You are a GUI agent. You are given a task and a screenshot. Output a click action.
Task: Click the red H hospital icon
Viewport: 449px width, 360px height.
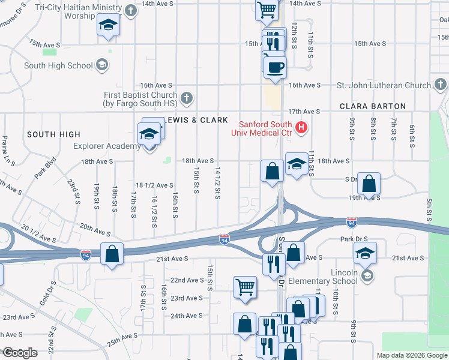click(301, 128)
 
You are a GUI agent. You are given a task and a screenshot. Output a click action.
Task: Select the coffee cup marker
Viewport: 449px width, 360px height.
click(275, 67)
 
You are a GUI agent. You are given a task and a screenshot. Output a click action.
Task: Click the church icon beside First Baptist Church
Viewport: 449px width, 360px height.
click(187, 96)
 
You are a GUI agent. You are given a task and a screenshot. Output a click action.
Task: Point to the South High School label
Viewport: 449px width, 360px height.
click(58, 65)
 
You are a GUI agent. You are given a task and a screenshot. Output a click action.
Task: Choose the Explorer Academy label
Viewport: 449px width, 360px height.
click(107, 146)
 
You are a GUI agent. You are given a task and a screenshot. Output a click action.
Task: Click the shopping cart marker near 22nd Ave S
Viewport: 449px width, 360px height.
click(245, 287)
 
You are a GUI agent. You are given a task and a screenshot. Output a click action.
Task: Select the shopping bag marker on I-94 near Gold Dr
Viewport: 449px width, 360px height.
click(112, 253)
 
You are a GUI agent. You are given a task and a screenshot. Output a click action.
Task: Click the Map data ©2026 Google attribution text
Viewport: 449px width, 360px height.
click(411, 355)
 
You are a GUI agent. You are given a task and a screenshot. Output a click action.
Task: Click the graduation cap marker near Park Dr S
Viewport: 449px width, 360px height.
click(364, 253)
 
